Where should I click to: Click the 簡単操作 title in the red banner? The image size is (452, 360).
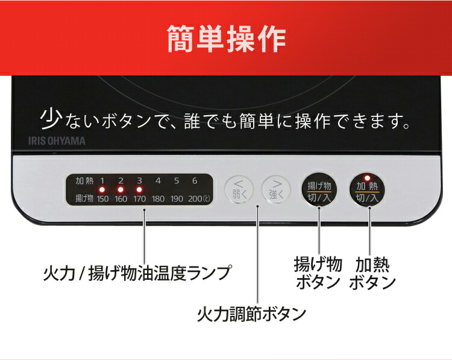(x=227, y=39)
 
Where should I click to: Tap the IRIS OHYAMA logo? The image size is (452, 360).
(x=57, y=141)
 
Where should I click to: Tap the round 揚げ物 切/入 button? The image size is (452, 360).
(x=319, y=190)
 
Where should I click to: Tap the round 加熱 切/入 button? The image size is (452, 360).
(x=367, y=190)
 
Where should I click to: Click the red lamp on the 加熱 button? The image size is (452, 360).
(x=367, y=178)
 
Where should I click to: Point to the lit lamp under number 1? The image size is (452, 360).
(x=102, y=190)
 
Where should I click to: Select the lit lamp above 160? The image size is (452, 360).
(x=121, y=190)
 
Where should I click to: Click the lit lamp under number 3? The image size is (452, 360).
(x=140, y=190)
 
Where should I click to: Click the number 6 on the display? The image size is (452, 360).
(x=195, y=181)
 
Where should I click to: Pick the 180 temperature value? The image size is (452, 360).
(x=158, y=199)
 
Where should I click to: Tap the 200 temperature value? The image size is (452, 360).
(x=195, y=199)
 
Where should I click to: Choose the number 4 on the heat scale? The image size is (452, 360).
(x=158, y=181)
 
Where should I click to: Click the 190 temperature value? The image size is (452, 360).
(x=177, y=199)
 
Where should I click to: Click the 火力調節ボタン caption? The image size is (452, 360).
(x=251, y=314)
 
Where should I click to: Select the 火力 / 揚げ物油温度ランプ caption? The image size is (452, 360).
(x=137, y=273)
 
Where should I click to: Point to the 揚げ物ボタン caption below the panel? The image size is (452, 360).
(x=318, y=273)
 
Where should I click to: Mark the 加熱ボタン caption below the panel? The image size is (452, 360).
(x=372, y=273)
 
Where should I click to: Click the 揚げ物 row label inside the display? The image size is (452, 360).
(x=84, y=198)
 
